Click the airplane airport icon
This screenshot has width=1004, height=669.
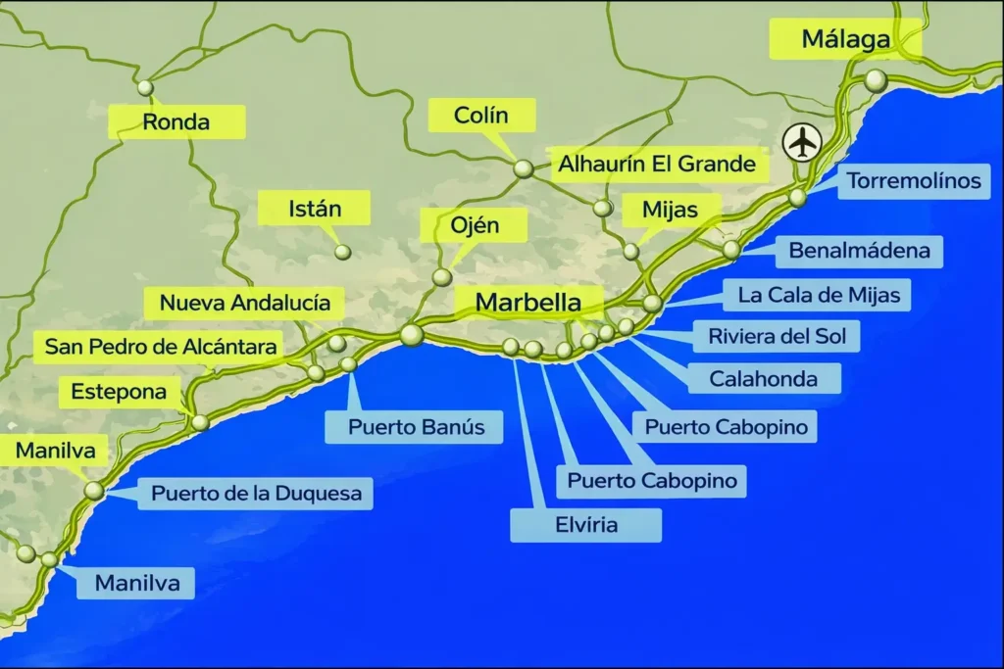click(x=803, y=143)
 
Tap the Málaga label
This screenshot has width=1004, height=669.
click(x=845, y=40)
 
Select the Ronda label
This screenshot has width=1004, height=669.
click(x=176, y=122)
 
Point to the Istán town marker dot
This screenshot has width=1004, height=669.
click(x=342, y=252)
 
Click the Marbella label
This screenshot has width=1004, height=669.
click(x=527, y=303)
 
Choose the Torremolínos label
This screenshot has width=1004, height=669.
click(x=913, y=181)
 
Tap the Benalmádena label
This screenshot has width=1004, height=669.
click(x=859, y=251)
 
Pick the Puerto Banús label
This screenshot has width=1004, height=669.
click(x=412, y=427)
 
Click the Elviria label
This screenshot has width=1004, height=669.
click(x=585, y=524)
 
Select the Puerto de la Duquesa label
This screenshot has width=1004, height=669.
click(x=256, y=493)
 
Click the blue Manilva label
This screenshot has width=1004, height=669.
click(x=137, y=584)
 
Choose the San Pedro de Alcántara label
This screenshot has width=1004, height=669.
click(x=162, y=347)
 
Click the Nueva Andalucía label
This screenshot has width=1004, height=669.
click(x=244, y=303)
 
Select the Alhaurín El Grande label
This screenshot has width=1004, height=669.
click(x=657, y=164)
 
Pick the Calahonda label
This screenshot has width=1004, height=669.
click(x=762, y=377)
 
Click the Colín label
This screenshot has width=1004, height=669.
click(x=481, y=116)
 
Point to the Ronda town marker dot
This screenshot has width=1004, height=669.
click(x=146, y=87)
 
